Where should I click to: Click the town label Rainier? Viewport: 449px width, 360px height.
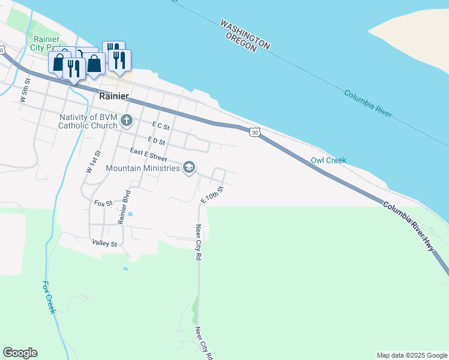[113, 97]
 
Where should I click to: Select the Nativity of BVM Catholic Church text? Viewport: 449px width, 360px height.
[88, 122]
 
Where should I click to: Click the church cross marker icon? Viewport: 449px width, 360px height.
[126, 121]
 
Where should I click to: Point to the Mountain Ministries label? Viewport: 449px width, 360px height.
[143, 168]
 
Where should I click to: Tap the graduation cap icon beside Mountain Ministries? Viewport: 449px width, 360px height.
[189, 167]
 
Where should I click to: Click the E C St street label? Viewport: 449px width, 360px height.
[161, 127]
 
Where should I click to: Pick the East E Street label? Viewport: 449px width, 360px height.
[148, 156]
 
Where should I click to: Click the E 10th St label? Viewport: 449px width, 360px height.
[212, 194]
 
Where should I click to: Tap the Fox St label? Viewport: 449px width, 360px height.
[103, 203]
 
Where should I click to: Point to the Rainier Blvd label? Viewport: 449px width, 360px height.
[124, 207]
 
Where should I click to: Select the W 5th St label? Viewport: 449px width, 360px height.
[25, 90]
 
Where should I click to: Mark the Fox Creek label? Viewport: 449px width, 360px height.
[49, 297]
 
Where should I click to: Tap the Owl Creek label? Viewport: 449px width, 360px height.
[328, 161]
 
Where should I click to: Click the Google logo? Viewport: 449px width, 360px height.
[20, 353]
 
